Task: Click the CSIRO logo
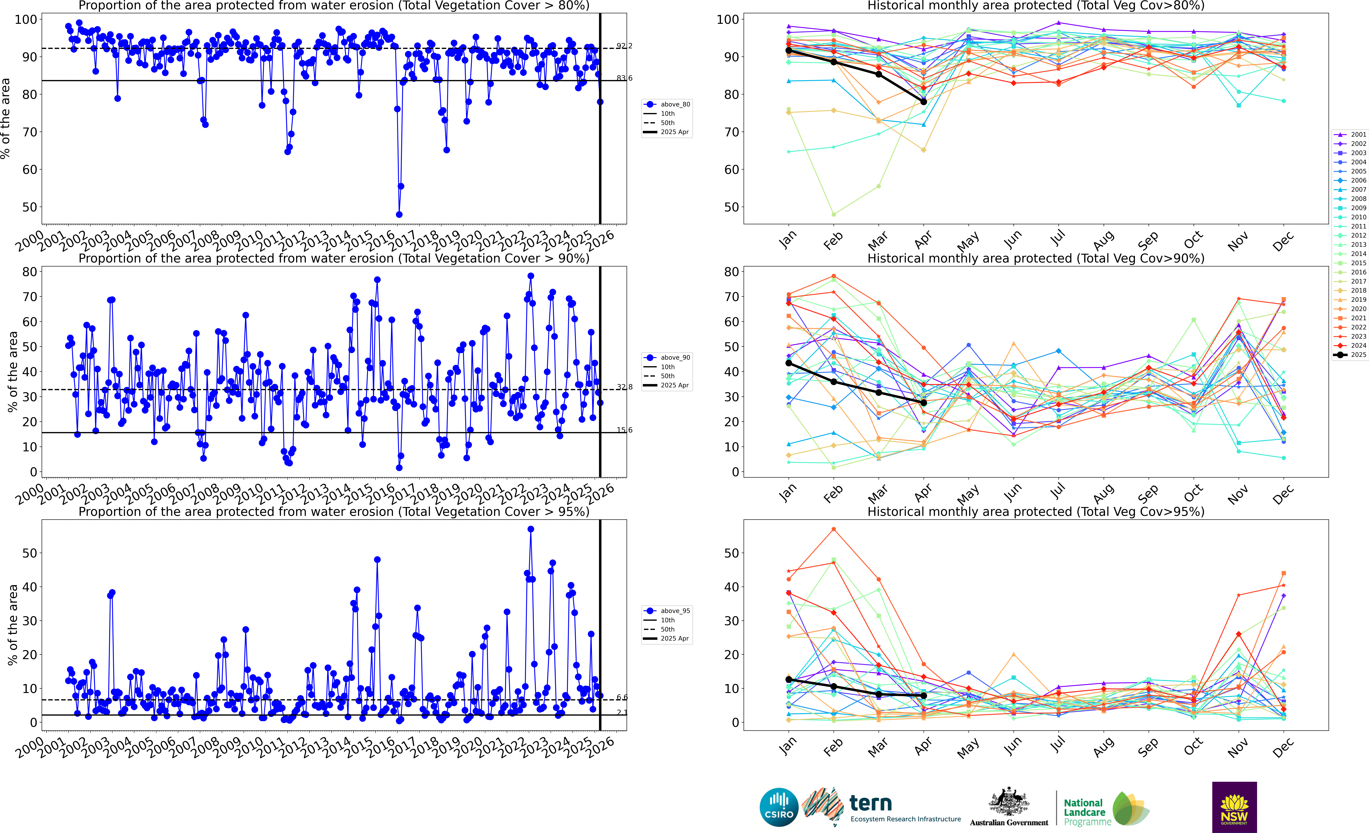tap(779, 807)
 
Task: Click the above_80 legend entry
tap(667, 104)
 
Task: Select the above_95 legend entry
tap(667, 611)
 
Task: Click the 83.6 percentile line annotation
tap(624, 78)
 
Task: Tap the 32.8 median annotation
tap(624, 387)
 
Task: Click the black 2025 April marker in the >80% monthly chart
tap(923, 102)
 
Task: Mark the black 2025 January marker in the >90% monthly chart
tap(788, 363)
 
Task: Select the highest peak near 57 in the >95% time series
tap(531, 529)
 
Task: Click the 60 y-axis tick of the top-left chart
tap(29, 169)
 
